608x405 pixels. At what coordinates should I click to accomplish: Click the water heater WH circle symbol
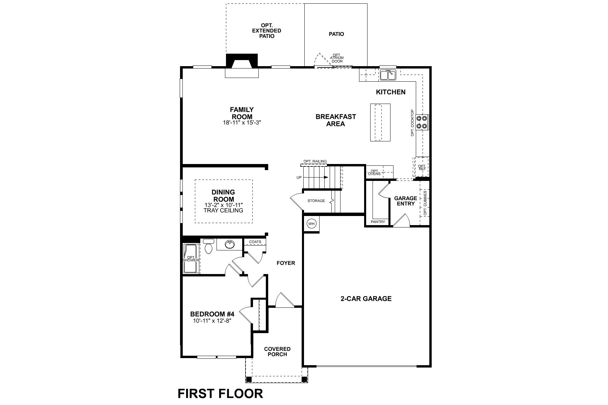pyautogui.click(x=311, y=224)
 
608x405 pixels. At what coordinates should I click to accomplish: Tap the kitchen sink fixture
pyautogui.click(x=388, y=75)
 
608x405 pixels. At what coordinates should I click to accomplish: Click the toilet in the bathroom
pyautogui.click(x=208, y=246)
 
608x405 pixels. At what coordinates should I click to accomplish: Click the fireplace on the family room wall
pyautogui.click(x=242, y=66)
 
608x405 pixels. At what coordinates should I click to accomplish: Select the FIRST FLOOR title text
pyautogui.click(x=220, y=394)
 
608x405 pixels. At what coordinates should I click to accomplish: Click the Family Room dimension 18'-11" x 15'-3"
pyautogui.click(x=242, y=123)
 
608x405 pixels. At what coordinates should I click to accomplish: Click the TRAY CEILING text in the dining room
pyautogui.click(x=223, y=211)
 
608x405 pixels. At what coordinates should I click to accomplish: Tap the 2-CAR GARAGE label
pyautogui.click(x=366, y=299)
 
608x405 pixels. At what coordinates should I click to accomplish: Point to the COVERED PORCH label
pyautogui.click(x=277, y=352)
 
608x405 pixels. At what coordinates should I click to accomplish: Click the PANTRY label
pyautogui.click(x=378, y=222)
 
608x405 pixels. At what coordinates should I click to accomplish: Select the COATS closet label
pyautogui.click(x=255, y=242)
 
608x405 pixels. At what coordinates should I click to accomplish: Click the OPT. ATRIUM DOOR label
pyautogui.click(x=337, y=58)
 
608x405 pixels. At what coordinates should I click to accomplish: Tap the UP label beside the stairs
pyautogui.click(x=299, y=178)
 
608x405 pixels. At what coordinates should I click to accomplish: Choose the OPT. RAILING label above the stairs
pyautogui.click(x=315, y=161)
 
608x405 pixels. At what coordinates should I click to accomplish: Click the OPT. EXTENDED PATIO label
pyautogui.click(x=267, y=31)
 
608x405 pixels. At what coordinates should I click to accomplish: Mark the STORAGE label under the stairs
pyautogui.click(x=316, y=201)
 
